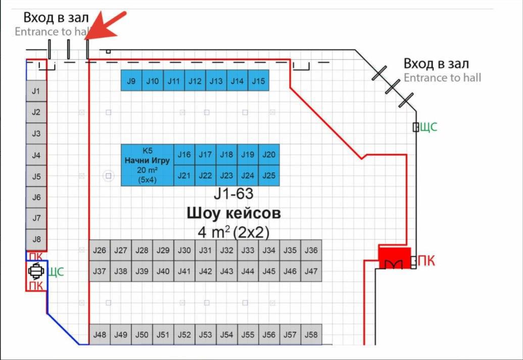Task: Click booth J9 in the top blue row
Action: pos(131,81)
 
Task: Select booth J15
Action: pos(258,81)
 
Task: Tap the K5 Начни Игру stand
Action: pos(147,165)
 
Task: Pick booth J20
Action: pos(269,155)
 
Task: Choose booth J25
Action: pos(269,175)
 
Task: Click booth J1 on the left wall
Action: pos(36,91)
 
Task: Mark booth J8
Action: pos(36,239)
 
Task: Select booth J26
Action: pos(100,250)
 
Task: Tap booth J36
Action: pos(311,250)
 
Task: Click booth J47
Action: pos(311,272)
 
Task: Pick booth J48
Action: pos(100,335)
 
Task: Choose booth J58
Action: pos(311,335)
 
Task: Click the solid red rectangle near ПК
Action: pos(395,257)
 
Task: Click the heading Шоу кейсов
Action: pos(233,213)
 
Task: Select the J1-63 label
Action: pos(233,193)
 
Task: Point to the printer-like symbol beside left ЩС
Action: pos(35,272)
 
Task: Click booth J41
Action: pos(184,272)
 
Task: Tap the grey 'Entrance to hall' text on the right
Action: pos(442,78)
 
